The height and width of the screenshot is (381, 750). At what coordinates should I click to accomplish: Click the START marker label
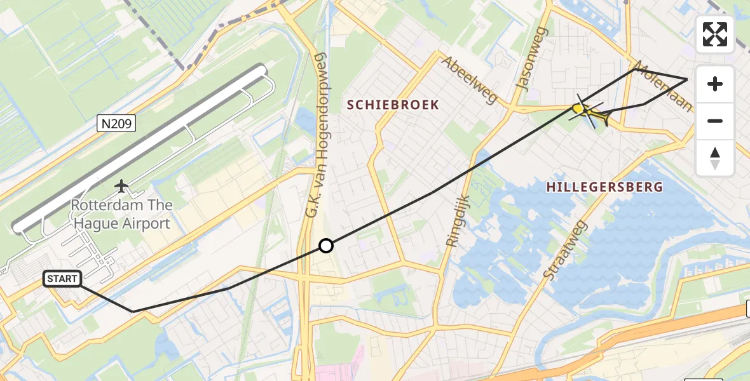tap(62, 278)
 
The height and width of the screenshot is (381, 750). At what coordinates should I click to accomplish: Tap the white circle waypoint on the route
tap(325, 246)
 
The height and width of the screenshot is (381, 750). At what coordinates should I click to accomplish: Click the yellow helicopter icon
tap(590, 113)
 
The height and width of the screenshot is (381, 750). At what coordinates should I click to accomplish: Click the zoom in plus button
tap(715, 84)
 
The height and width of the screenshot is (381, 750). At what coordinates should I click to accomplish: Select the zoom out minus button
tap(715, 121)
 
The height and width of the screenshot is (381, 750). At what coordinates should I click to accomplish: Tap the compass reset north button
tap(715, 157)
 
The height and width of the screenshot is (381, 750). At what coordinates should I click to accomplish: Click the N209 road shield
tap(117, 123)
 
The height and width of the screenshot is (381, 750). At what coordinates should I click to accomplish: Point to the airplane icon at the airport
tap(121, 185)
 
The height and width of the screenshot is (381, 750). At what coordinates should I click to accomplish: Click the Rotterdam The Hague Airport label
tap(121, 214)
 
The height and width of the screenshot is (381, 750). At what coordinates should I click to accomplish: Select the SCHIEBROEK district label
tap(393, 105)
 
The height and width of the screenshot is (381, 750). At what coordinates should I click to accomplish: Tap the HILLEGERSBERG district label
tap(604, 187)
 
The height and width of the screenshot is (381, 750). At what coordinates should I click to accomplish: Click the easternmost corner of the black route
tap(687, 79)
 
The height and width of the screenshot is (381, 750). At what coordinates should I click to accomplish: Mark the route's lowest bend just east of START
tap(133, 311)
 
